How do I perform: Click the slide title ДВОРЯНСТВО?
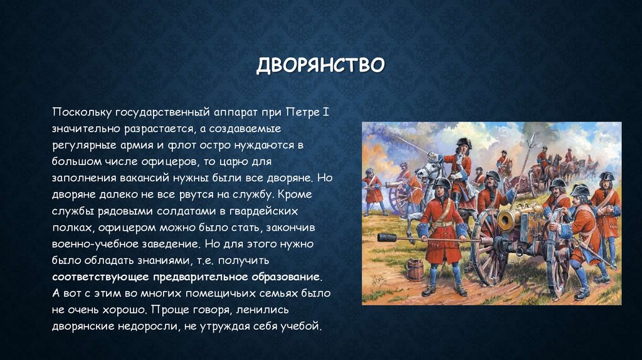tap(320, 65)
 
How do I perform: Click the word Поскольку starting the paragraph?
tap(82, 113)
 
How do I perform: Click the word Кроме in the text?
tap(307, 194)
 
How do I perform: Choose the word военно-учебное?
tap(92, 243)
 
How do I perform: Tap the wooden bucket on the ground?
tap(414, 268)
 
